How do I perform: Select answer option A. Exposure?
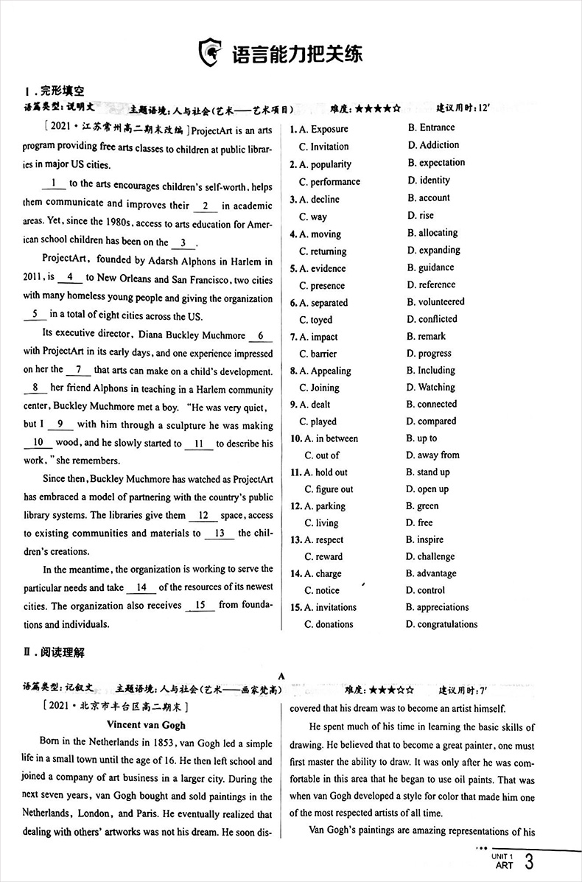pyautogui.click(x=319, y=129)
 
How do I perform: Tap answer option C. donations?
pyautogui.click(x=329, y=624)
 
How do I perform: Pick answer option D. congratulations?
pyautogui.click(x=441, y=624)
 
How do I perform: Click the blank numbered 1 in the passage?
pyautogui.click(x=54, y=183)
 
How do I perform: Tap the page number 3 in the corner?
pyautogui.click(x=527, y=862)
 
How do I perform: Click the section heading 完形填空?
pyautogui.click(x=62, y=92)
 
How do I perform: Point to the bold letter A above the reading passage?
pyautogui.click(x=281, y=676)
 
